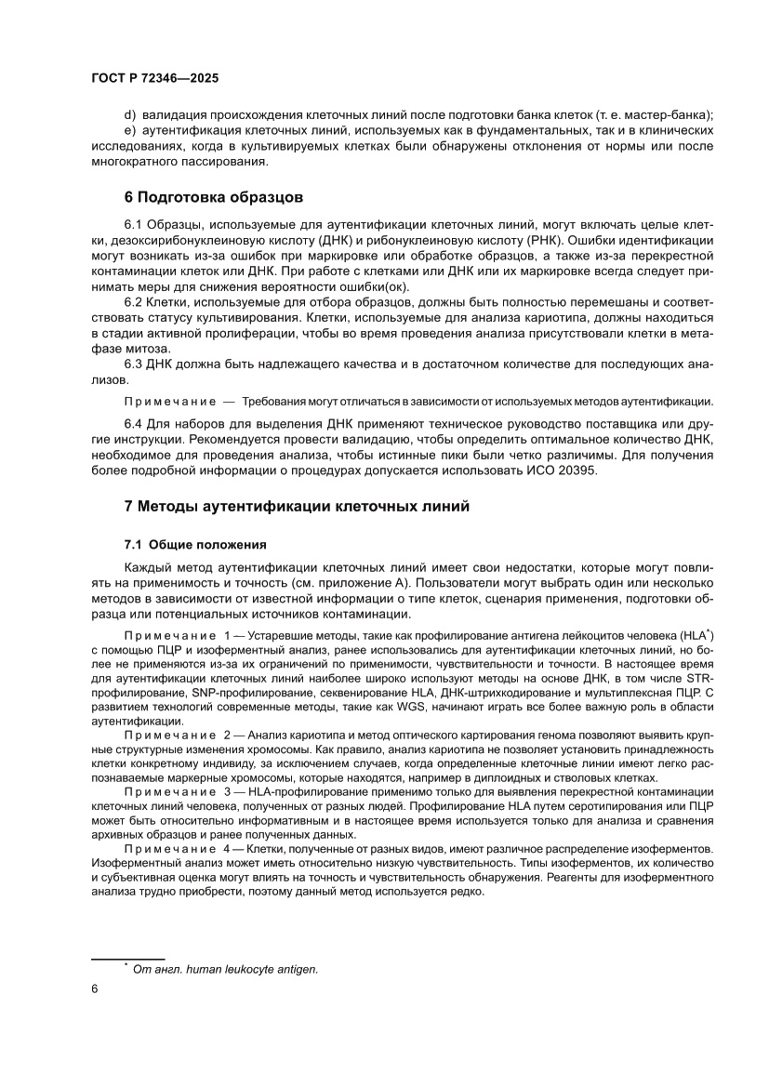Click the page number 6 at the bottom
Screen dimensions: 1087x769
coord(95,989)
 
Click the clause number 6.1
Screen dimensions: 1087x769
coord(133,225)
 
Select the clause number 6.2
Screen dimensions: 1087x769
coord(133,303)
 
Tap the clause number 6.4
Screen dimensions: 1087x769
coord(133,424)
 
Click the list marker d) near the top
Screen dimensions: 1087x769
coord(129,115)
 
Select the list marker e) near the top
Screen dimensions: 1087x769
coord(129,130)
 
